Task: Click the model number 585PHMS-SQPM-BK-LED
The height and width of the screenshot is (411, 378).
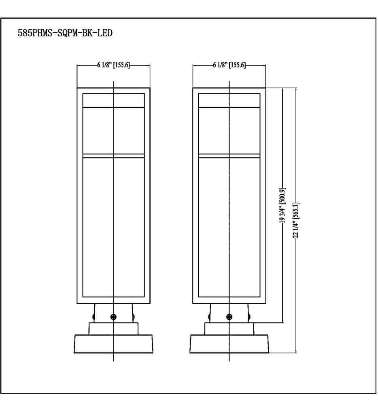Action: pyautogui.click(x=65, y=33)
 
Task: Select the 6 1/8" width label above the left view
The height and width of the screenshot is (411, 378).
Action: pyautogui.click(x=113, y=65)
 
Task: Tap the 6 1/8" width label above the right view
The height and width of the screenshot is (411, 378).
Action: pyautogui.click(x=229, y=65)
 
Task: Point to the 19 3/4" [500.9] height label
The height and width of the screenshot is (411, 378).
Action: pyautogui.click(x=282, y=205)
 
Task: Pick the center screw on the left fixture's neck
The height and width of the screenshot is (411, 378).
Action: pyautogui.click(x=113, y=317)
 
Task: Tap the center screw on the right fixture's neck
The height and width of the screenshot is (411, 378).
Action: pyautogui.click(x=229, y=317)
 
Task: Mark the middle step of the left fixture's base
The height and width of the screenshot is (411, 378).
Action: pyautogui.click(x=113, y=328)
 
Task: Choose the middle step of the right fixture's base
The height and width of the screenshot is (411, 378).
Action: pyautogui.click(x=229, y=328)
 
